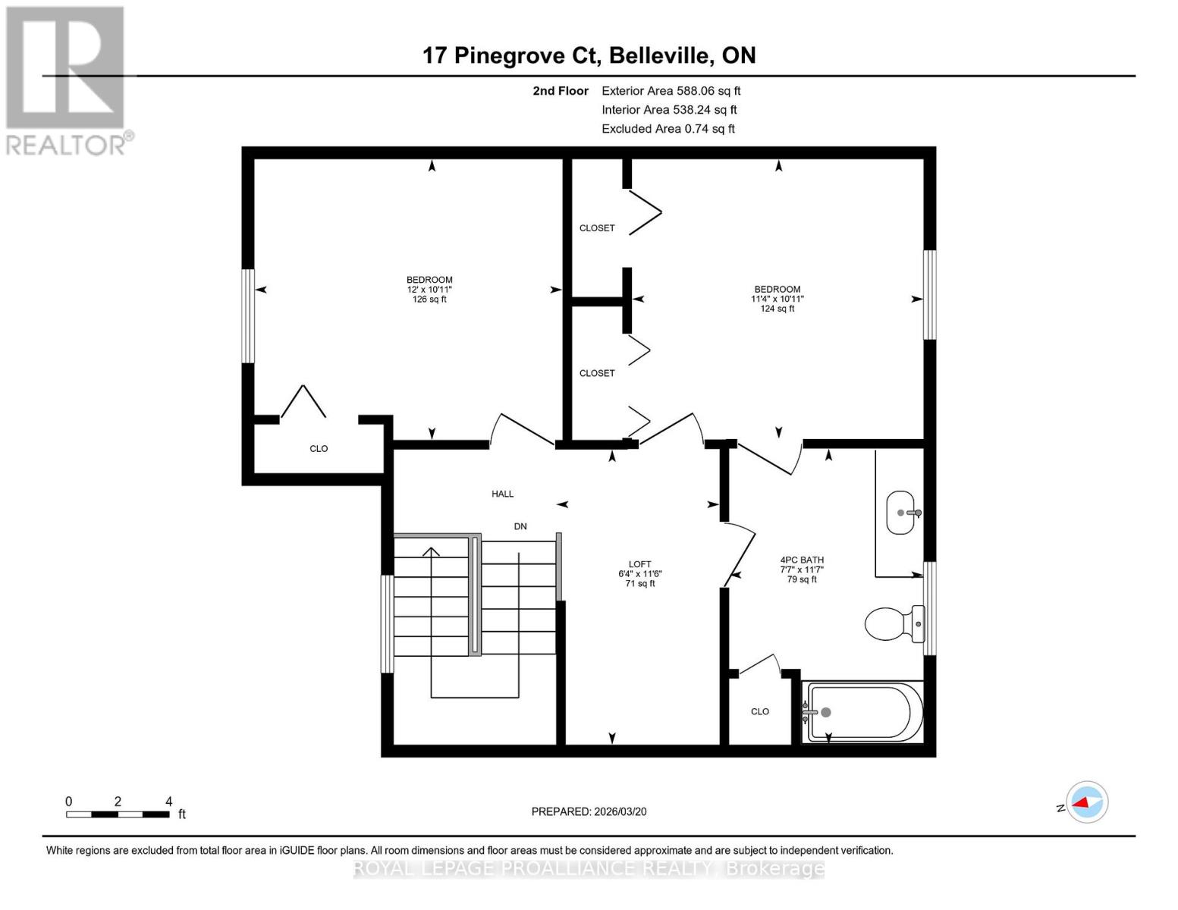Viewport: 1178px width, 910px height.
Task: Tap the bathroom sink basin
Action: point(901,513)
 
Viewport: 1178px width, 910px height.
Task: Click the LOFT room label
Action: point(639,564)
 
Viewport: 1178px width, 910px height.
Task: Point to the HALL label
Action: point(502,494)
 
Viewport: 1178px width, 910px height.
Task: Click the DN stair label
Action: point(520,526)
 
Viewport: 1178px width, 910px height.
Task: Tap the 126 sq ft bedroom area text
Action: point(429,300)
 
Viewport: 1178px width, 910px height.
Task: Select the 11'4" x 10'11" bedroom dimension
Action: point(777,299)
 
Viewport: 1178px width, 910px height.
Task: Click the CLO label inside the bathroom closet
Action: point(759,711)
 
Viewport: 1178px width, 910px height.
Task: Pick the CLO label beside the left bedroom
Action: point(319,449)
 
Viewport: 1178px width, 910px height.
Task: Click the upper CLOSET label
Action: point(597,228)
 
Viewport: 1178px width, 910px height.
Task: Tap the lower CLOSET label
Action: point(597,373)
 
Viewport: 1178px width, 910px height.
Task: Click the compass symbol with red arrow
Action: point(1087,802)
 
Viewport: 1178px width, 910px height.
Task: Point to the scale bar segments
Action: point(118,814)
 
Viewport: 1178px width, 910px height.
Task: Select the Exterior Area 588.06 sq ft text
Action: point(671,90)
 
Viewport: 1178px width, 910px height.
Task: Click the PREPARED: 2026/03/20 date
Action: point(589,811)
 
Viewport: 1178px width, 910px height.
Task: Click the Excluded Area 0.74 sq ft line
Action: point(668,129)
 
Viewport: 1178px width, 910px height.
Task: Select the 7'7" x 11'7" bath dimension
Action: point(802,570)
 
